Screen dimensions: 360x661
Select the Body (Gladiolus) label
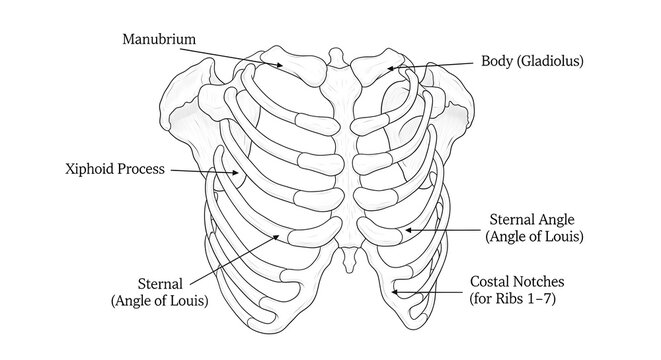pos(532,61)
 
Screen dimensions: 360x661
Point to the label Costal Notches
pos(518,281)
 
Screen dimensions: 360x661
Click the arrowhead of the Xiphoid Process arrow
pos(240,174)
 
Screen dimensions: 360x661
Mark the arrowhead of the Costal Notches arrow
pos(395,291)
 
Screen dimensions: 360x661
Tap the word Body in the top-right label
pos(498,61)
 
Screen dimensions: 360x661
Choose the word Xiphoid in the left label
pos(83,168)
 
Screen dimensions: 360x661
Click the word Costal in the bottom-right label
pos(491,281)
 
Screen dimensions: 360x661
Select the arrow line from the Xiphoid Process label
pos(205,172)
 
